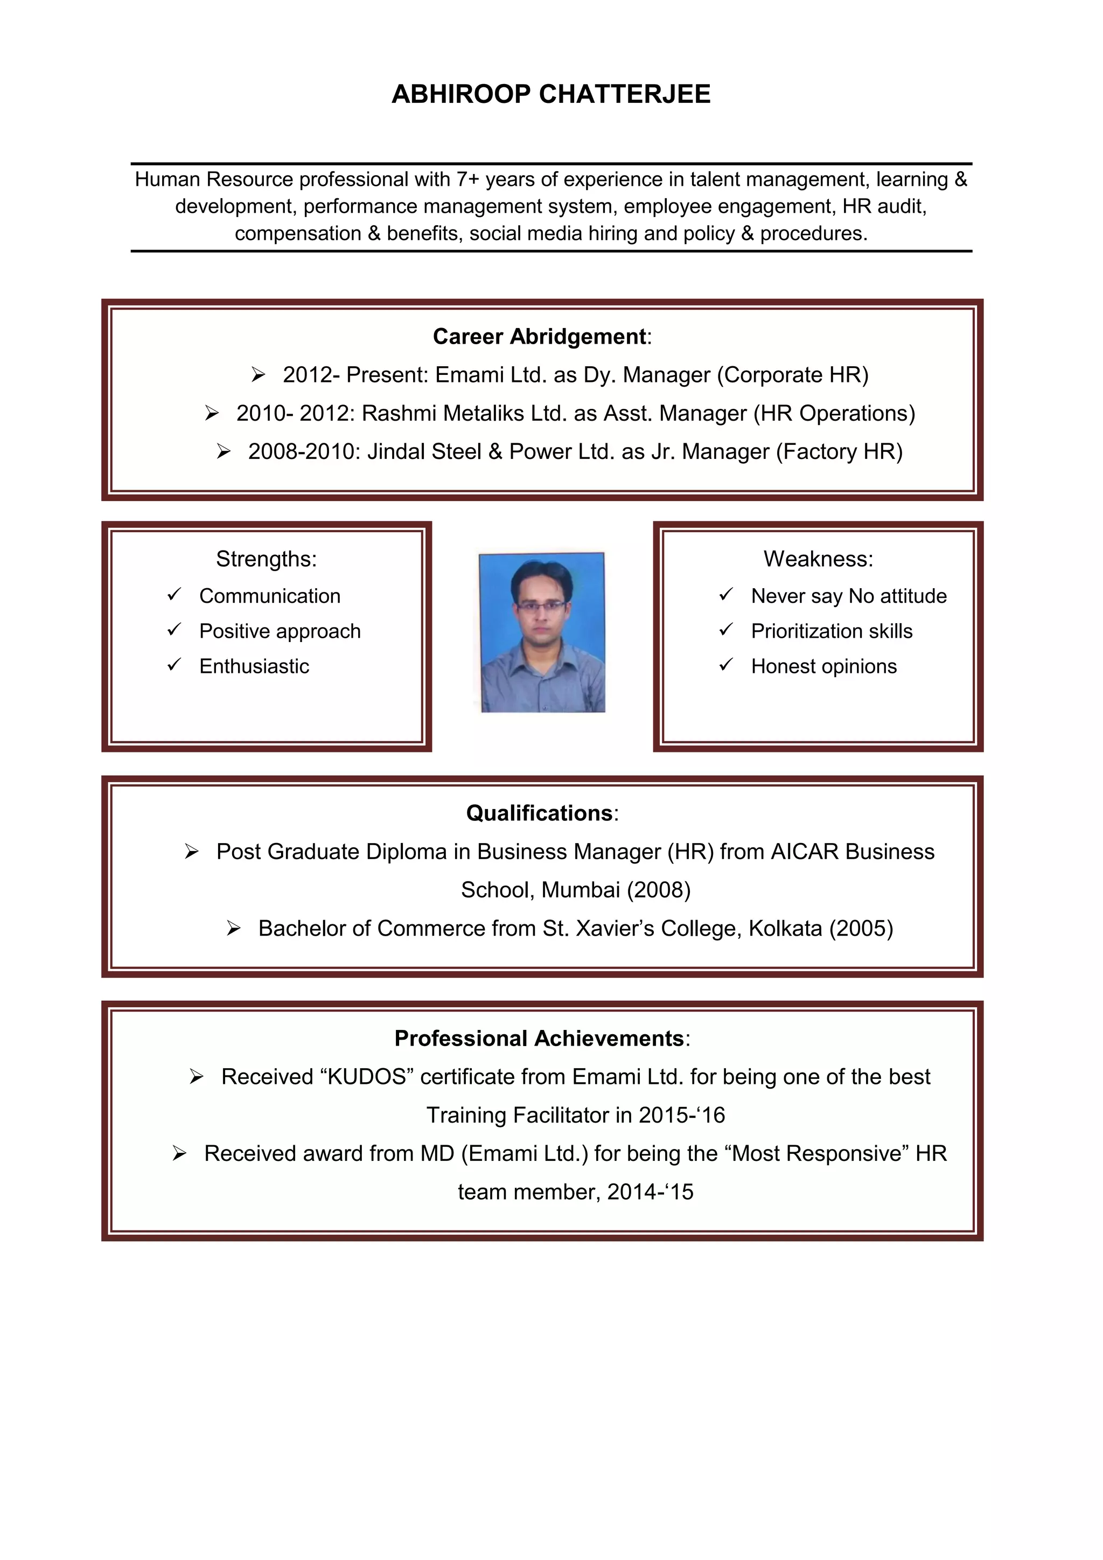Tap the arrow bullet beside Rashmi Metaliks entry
pyautogui.click(x=212, y=413)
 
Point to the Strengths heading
pyautogui.click(x=266, y=559)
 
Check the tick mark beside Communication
pyautogui.click(x=174, y=595)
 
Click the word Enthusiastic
pyautogui.click(x=254, y=666)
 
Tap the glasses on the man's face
pyautogui.click(x=541, y=605)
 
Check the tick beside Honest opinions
pyautogui.click(x=726, y=665)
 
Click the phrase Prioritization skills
pyautogui.click(x=832, y=631)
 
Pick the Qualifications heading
pyautogui.click(x=539, y=813)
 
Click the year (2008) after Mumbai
pyautogui.click(x=658, y=890)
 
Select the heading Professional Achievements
pyautogui.click(x=539, y=1038)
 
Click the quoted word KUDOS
pyautogui.click(x=367, y=1077)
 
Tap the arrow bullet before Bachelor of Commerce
pyautogui.click(x=234, y=928)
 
